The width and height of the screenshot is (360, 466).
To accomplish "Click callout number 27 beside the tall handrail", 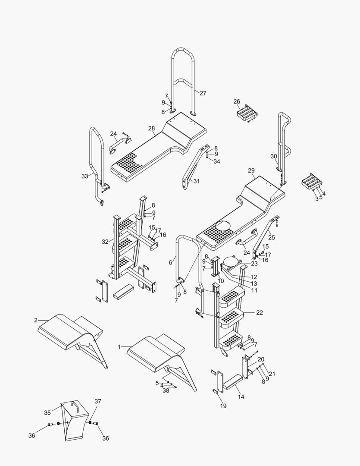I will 203,93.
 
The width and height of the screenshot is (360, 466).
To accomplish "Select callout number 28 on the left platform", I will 151,129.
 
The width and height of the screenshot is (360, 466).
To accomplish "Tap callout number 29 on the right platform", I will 251,171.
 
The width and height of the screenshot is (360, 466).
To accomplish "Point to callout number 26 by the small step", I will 237,102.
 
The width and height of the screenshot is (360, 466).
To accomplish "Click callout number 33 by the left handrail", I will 85,176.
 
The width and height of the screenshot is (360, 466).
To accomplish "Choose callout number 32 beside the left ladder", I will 105,242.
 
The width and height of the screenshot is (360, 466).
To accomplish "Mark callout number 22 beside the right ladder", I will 259,312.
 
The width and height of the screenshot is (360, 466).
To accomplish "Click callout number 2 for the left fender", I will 35,320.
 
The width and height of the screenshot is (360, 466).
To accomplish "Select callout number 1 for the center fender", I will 119,346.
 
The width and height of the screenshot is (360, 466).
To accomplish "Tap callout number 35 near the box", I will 47,412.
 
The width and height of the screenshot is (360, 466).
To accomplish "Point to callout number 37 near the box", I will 98,401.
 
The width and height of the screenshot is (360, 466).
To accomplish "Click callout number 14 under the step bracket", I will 241,396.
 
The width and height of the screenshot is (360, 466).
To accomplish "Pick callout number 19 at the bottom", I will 223,406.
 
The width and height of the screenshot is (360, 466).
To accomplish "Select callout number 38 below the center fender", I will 166,390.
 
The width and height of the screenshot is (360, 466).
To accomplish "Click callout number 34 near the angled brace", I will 216,161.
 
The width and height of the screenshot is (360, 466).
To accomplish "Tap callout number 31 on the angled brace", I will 197,181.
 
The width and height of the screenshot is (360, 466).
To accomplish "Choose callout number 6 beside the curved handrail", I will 171,262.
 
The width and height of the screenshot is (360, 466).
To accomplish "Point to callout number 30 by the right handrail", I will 274,156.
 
